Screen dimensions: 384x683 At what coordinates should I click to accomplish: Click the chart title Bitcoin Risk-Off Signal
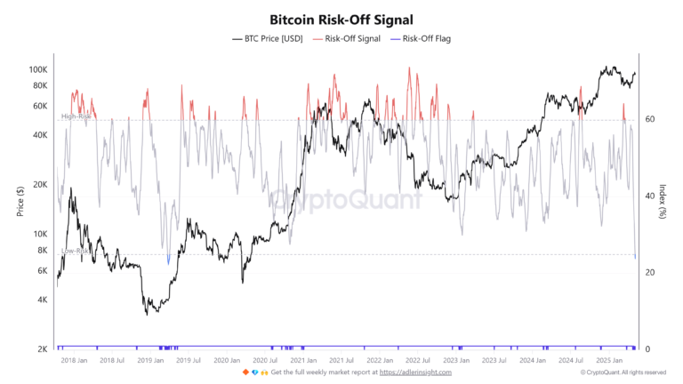(x=341, y=19)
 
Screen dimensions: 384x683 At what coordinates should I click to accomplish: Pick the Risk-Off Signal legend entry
(x=353, y=39)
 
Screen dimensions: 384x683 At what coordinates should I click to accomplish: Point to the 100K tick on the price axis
(x=38, y=69)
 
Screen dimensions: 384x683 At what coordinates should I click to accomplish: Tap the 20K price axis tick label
(x=40, y=185)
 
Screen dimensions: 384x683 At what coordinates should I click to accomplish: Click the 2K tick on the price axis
(x=42, y=349)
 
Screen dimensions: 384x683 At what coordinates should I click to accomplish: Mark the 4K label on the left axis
(x=42, y=300)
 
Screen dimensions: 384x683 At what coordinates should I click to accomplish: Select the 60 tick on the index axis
(x=650, y=119)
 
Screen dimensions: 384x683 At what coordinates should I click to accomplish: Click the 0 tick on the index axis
(x=648, y=349)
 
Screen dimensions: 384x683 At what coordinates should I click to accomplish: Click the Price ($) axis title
(x=19, y=204)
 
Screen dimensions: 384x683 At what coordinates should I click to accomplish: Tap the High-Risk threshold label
(x=76, y=116)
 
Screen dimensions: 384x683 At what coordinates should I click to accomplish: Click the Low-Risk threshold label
(x=76, y=252)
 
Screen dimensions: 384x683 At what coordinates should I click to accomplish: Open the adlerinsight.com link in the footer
(x=416, y=372)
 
